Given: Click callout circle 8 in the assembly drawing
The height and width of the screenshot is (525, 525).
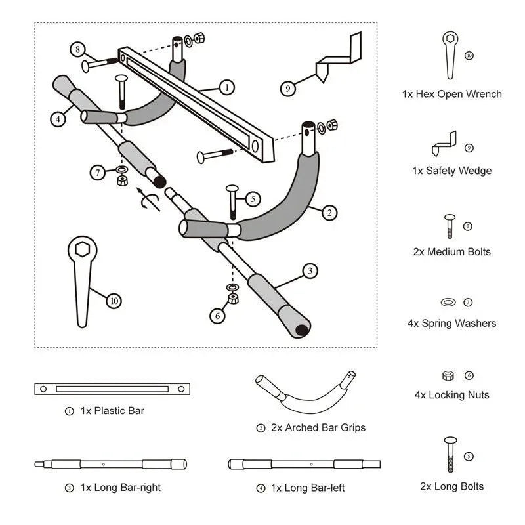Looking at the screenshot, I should click(x=78, y=49).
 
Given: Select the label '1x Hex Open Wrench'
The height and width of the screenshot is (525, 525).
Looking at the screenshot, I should click(x=451, y=94).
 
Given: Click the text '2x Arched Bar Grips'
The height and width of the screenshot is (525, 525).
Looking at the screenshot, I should click(x=318, y=427).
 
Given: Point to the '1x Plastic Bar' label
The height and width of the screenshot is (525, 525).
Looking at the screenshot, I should click(x=112, y=411).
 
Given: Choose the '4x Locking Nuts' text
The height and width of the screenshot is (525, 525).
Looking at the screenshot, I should click(x=451, y=395).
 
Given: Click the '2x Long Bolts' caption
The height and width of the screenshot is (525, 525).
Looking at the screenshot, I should click(x=451, y=486).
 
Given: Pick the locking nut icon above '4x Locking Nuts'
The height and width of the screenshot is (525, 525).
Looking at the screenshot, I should click(x=448, y=375).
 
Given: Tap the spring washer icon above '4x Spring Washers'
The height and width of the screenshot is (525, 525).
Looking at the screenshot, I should click(x=448, y=303).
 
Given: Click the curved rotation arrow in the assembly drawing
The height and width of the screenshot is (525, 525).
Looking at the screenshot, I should click(x=150, y=199).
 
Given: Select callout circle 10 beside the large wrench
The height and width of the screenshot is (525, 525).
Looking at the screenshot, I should click(x=114, y=301).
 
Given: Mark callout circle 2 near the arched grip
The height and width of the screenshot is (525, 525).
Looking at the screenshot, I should click(x=329, y=212).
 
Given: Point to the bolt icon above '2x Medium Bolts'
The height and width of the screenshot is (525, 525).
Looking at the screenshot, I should click(x=449, y=226).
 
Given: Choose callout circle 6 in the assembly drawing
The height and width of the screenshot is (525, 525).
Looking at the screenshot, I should click(x=216, y=316).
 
